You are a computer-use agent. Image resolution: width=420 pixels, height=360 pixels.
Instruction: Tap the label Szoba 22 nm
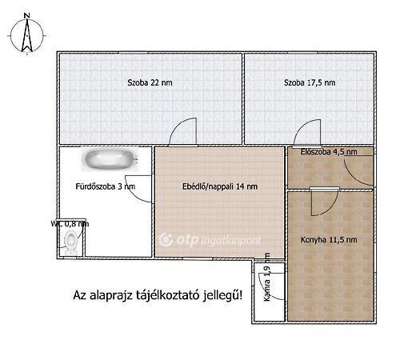[148, 82]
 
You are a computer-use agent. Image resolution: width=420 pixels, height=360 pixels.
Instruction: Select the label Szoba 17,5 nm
[308, 82]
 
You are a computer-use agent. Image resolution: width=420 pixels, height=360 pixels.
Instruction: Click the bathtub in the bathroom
[113, 159]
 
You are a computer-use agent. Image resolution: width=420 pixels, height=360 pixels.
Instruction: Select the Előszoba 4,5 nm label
[329, 151]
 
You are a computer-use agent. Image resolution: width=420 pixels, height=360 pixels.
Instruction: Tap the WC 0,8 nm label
[69, 224]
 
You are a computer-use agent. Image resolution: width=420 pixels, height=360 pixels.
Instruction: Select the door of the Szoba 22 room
[183, 133]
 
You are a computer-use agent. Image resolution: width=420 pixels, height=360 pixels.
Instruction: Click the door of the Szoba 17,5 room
[305, 133]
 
